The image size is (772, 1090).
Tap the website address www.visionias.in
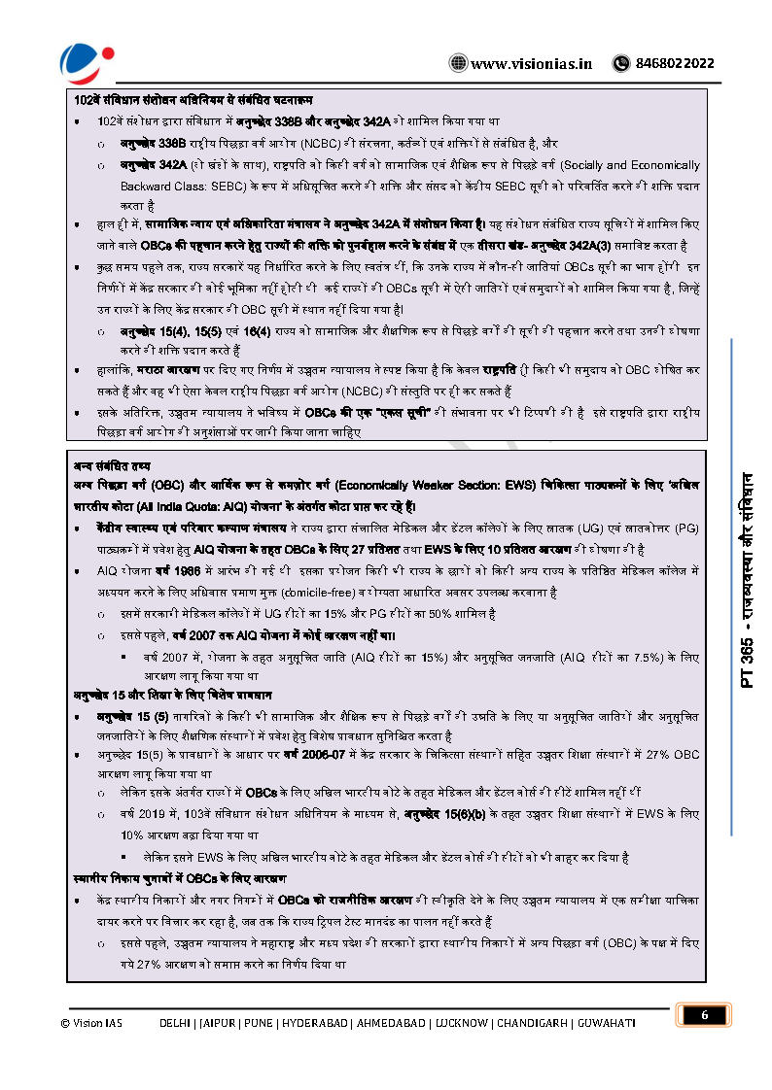tap(531, 63)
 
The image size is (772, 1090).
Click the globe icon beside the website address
tap(457, 63)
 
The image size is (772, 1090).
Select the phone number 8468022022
tap(674, 63)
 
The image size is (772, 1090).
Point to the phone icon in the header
tap(620, 63)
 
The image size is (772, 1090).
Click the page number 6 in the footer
tap(703, 1015)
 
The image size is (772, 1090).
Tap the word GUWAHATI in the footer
tap(606, 1023)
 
